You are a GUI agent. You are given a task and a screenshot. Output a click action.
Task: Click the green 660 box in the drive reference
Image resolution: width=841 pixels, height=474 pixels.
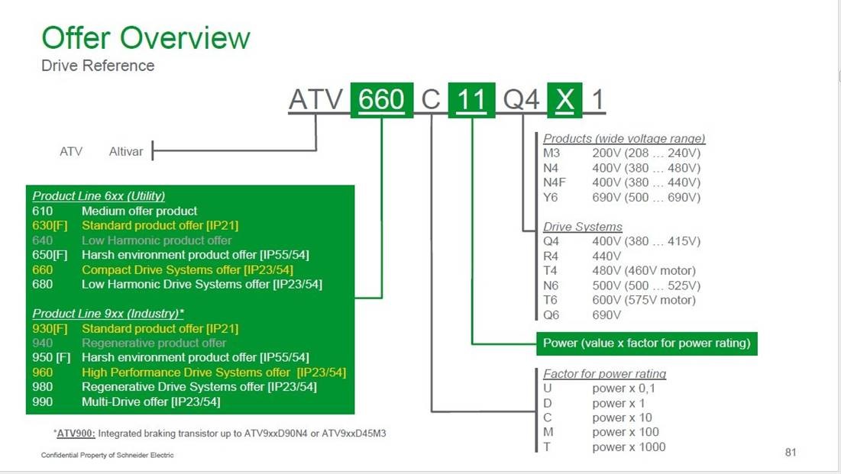click(381, 100)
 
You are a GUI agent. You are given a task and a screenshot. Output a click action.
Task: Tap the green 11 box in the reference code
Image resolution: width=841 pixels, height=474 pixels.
click(471, 100)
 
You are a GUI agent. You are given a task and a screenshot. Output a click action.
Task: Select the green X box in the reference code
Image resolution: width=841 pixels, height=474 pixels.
click(564, 100)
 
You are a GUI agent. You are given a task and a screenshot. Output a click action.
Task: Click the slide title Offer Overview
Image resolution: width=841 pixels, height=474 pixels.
click(146, 38)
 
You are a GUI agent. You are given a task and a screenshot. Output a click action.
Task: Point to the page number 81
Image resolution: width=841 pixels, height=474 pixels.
click(791, 452)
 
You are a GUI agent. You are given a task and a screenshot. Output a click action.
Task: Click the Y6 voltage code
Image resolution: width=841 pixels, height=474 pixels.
click(550, 198)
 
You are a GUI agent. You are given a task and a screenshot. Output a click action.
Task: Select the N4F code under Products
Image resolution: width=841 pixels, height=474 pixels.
click(554, 182)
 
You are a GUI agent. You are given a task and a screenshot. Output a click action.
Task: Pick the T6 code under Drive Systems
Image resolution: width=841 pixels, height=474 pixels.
click(550, 300)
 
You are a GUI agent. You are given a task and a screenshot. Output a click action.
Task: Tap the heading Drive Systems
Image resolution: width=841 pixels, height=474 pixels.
click(583, 227)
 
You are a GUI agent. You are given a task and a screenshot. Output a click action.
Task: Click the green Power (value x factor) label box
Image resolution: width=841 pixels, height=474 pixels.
click(647, 343)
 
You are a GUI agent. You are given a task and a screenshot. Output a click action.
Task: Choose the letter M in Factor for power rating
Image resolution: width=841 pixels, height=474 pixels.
click(548, 432)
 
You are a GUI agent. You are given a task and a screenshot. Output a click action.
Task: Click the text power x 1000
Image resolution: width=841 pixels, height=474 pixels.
click(629, 447)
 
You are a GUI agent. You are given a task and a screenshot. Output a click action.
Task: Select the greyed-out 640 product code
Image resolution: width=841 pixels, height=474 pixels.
click(42, 240)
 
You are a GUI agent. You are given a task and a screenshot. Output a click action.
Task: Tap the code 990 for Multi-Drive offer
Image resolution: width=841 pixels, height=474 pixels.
click(42, 401)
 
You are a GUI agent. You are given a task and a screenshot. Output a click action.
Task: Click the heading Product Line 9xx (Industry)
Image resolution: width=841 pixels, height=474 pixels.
click(108, 314)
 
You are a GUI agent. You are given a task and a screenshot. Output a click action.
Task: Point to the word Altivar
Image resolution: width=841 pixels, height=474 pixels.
click(126, 152)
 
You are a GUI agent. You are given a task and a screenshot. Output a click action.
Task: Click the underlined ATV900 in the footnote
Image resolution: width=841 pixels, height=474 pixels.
click(76, 434)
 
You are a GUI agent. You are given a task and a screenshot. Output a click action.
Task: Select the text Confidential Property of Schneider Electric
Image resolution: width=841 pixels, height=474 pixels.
click(107, 455)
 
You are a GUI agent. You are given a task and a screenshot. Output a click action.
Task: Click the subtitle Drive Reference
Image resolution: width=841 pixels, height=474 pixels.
click(98, 66)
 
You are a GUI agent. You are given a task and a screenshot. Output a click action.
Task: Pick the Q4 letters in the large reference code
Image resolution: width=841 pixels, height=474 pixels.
click(521, 100)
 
